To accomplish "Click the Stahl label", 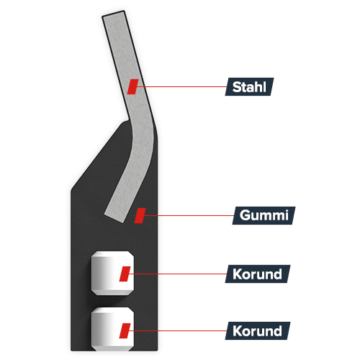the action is [x=249, y=86].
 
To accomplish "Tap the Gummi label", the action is [x=264, y=215].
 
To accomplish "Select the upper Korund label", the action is [x=258, y=274].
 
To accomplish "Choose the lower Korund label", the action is [x=258, y=330].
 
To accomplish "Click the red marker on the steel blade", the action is [x=132, y=86].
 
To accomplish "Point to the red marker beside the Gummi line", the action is [x=140, y=215].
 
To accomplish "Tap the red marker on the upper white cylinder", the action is [x=125, y=274].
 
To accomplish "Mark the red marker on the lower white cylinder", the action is [x=125, y=330].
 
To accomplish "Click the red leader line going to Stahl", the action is [x=181, y=86].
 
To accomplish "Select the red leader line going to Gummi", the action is [x=189, y=215].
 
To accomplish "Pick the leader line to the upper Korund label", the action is [x=178, y=274].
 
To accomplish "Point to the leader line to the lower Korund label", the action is [x=178, y=330].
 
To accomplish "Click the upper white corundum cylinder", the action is [x=112, y=274].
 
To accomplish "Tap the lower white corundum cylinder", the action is [x=112, y=329].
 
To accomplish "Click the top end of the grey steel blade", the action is [x=113, y=14].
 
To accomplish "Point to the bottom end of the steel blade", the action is [x=114, y=217].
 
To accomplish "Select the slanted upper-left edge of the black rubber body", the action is [x=99, y=156].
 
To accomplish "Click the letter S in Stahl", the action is [x=237, y=87].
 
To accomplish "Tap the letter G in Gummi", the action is [x=246, y=215].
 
